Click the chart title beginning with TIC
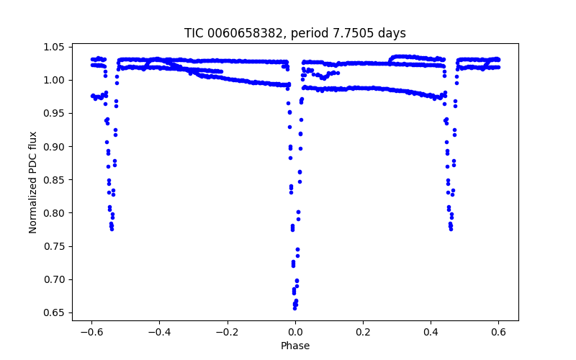tap(295, 33)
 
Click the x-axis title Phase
tap(295, 346)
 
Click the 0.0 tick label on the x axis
tap(295, 333)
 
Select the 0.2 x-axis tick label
tap(363, 333)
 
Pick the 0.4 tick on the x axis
tap(431, 333)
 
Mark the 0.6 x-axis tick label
tap(498, 333)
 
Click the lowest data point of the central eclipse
tap(295, 307)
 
